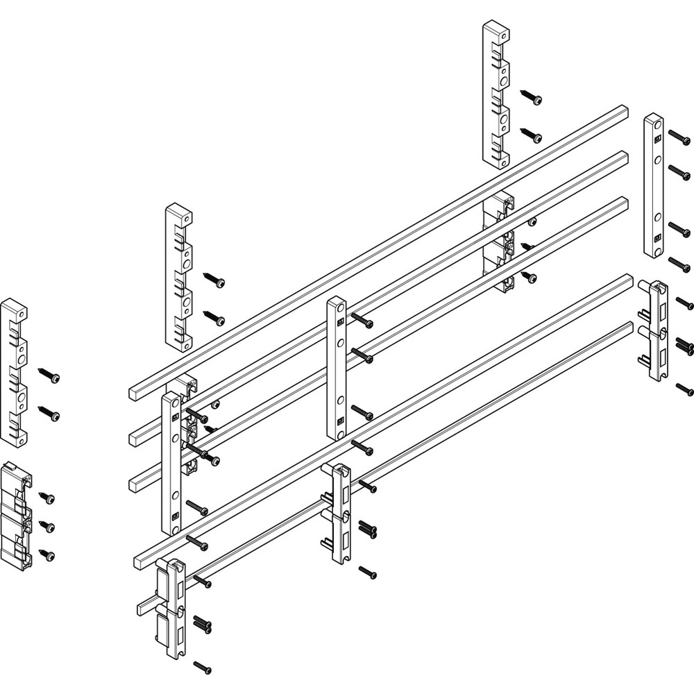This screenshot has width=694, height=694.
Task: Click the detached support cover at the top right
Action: [x=496, y=94]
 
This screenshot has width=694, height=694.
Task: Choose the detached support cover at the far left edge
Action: [x=14, y=372]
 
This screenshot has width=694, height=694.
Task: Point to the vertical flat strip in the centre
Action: [x=337, y=368]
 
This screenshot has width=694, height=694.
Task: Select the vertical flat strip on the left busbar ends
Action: [x=171, y=462]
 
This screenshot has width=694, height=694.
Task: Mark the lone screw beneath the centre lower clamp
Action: [x=368, y=573]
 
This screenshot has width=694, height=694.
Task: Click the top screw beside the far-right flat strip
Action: [x=679, y=137]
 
